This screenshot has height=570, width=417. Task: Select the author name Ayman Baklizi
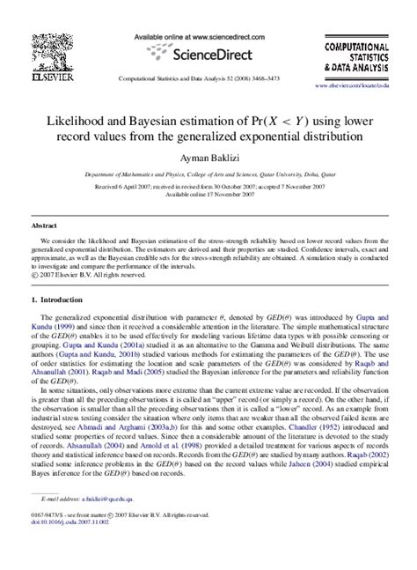pyautogui.click(x=208, y=157)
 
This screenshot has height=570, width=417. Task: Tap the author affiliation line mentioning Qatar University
pyautogui.click(x=208, y=176)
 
